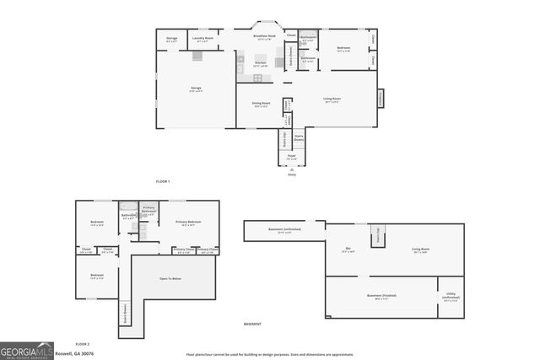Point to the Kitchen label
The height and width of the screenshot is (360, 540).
261,63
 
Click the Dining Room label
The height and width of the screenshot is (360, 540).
261,104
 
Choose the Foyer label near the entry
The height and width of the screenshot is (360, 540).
291,156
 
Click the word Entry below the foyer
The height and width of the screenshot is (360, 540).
292,175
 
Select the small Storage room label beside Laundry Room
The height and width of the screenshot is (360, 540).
172,39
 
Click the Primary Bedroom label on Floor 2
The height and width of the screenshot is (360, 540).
191,223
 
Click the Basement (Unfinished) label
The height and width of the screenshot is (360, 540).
284,229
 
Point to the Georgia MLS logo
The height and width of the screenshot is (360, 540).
26,350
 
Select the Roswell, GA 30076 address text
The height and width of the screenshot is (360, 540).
75,354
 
